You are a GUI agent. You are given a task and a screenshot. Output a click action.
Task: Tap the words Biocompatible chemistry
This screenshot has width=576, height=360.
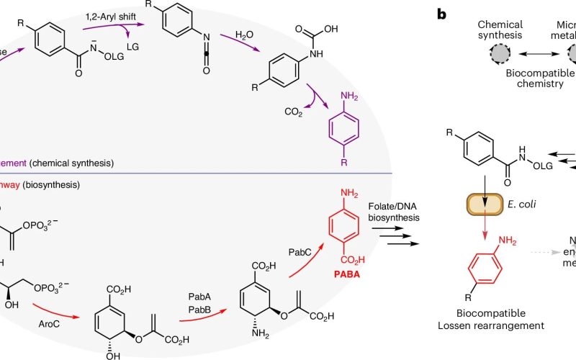(531, 79)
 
